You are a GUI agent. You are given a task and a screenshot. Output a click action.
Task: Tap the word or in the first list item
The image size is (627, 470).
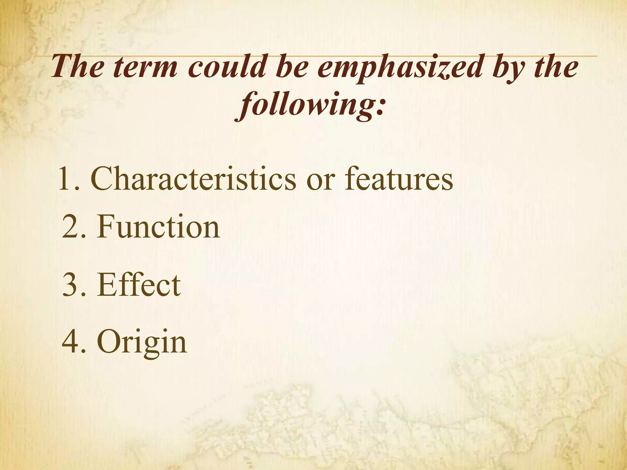click(320, 181)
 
